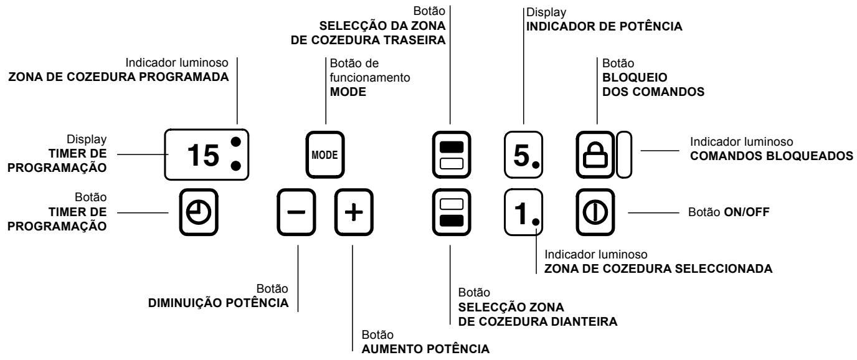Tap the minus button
point(298,211)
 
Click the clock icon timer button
point(201,211)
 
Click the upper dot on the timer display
point(235,141)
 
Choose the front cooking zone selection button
point(450,212)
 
